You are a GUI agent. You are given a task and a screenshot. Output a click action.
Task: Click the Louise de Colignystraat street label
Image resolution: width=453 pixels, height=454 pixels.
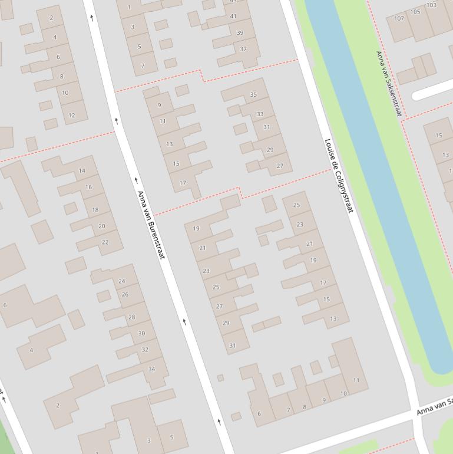tap(339, 175)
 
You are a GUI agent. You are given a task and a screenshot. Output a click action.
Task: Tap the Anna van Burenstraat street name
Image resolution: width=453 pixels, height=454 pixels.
tap(151, 225)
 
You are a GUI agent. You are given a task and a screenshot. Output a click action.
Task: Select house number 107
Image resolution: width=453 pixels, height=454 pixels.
tap(399, 18)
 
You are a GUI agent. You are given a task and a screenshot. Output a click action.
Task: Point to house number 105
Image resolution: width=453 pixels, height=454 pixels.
tap(415, 12)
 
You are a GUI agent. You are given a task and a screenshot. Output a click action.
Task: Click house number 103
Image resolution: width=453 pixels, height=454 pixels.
tap(431, 5)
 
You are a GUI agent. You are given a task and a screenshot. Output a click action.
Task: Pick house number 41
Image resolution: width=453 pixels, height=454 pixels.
tap(233, 17)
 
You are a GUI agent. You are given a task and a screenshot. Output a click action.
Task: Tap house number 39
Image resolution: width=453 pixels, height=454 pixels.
tap(240, 32)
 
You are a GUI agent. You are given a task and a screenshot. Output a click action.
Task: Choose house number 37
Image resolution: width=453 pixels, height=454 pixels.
tap(243, 49)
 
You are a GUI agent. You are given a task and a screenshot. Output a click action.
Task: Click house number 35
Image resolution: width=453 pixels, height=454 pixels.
tap(253, 94)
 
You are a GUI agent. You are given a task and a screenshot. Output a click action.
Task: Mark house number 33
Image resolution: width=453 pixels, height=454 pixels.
tap(260, 114)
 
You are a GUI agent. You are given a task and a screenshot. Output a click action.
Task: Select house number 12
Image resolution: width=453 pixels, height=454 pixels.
tap(72, 115)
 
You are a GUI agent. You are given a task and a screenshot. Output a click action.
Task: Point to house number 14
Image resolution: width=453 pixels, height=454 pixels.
tap(82, 171)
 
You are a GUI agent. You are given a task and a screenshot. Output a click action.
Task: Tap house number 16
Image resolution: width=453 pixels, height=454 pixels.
tap(88, 187)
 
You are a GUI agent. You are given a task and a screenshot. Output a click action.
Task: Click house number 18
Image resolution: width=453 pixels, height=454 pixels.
tap(95, 210)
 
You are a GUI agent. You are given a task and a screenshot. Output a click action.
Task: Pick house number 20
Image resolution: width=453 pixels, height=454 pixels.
tap(102, 226)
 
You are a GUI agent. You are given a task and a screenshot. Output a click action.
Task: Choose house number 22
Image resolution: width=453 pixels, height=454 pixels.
tap(105, 242)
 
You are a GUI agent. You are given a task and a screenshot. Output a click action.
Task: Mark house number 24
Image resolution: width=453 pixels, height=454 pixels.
tap(122, 281)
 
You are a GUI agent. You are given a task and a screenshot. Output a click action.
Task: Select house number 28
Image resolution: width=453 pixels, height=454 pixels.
tap(132, 317)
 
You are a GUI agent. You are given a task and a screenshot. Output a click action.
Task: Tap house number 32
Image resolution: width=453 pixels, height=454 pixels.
tap(145, 350)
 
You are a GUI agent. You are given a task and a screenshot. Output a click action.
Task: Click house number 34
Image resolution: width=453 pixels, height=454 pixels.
tap(151, 370)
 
